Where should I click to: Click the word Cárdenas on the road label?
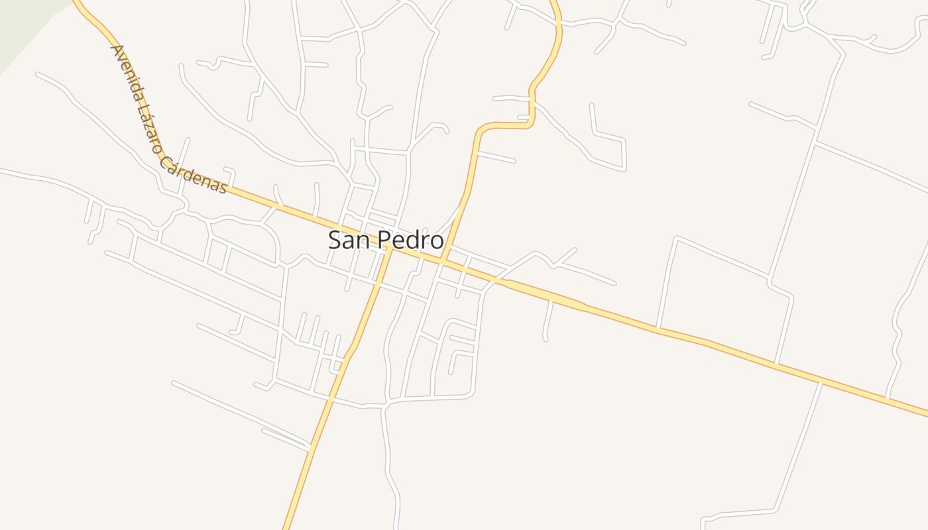click(194, 176)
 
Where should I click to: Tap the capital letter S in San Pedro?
click(335, 240)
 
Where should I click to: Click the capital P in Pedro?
click(385, 240)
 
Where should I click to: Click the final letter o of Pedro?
click(436, 240)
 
